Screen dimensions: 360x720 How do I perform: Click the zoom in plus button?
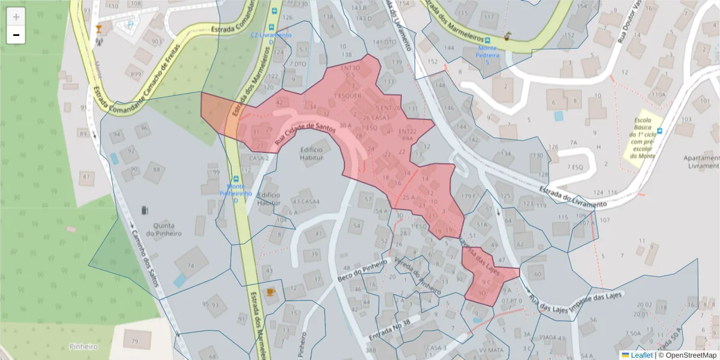point(16,17)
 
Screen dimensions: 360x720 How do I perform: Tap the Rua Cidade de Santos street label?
point(304,134)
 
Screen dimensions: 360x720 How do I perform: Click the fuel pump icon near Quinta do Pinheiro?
point(144,210)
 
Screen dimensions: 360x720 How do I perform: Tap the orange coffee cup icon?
point(270,292)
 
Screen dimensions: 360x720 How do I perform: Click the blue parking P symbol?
point(130,25)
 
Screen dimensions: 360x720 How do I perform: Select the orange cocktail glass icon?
point(99,28)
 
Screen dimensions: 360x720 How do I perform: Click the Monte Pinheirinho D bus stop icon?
point(236,179)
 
